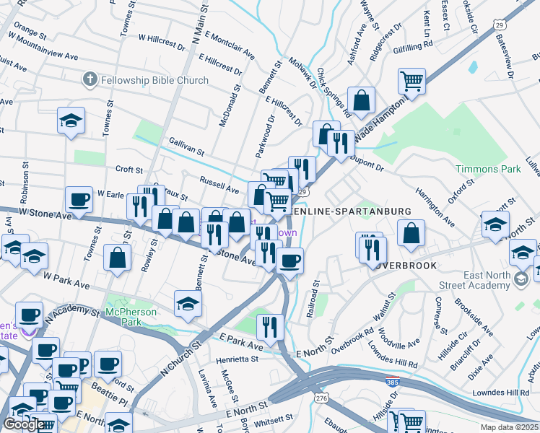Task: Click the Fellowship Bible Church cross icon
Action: [90, 79]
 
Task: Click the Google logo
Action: [24, 424]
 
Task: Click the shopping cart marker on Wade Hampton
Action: [411, 81]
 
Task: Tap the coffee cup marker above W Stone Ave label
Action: [79, 199]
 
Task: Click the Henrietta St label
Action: [235, 359]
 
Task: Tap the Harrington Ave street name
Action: [434, 205]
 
